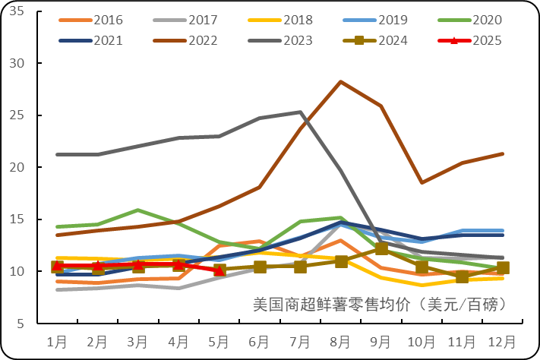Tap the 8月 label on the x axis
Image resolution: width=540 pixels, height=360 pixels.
point(340,340)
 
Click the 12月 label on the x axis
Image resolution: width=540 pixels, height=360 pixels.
point(502,340)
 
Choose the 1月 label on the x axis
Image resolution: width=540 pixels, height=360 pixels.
point(57,340)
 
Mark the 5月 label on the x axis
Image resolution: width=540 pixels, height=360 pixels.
point(219,340)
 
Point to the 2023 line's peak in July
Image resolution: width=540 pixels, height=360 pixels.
point(300,112)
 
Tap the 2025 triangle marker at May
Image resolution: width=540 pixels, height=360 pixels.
point(219,270)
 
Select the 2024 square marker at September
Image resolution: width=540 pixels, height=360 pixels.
point(381,248)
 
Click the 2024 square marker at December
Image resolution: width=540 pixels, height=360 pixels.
point(502,267)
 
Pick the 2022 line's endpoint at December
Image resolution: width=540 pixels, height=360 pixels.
point(502,154)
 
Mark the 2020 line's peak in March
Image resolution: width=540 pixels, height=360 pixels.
point(137,210)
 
